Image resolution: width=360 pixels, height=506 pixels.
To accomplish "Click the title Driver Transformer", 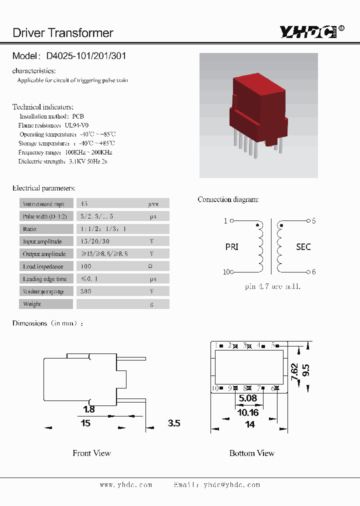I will click(63, 33).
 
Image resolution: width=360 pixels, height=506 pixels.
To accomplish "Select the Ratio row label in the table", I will click(29, 229).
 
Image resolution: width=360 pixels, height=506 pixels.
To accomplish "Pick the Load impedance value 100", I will click(86, 266).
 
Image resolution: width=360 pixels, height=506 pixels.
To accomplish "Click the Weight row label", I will click(32, 304).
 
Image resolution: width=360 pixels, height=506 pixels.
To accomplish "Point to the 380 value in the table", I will click(86, 291).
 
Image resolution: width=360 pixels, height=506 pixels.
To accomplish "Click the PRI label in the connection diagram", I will click(232, 246).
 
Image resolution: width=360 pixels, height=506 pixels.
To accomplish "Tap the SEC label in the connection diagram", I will click(303, 246).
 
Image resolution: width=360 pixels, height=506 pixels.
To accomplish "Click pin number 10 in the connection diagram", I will click(226, 272).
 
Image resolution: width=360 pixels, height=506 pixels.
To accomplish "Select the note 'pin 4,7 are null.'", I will click(272, 287).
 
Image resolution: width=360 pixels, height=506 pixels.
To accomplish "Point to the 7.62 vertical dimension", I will click(294, 371).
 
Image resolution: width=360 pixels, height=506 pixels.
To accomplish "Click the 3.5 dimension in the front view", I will click(173, 423).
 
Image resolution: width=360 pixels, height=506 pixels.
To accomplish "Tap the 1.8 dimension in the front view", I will click(88, 409).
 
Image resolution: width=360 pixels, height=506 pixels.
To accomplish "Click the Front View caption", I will click(91, 453).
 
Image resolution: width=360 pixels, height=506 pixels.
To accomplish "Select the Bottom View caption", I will click(251, 453).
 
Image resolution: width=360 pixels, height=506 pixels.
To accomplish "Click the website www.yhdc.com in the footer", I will click(125, 484).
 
